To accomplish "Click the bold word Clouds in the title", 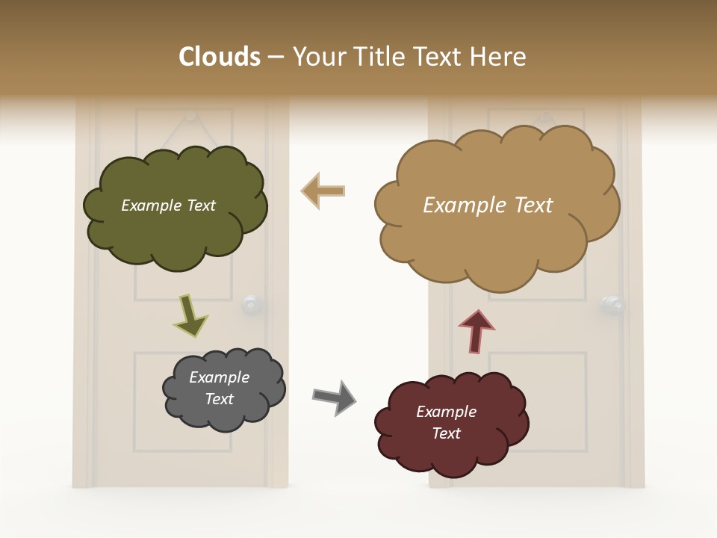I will pyautogui.click(x=220, y=57).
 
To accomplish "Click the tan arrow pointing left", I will pyautogui.click(x=323, y=191).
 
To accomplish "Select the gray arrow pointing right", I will pyautogui.click(x=334, y=398).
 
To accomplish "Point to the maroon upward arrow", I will pyautogui.click(x=476, y=330).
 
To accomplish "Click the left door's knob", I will pyautogui.click(x=251, y=304).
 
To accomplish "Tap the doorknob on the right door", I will pyautogui.click(x=612, y=304).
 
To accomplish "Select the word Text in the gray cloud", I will pyautogui.click(x=220, y=399).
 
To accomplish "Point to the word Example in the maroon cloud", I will pyautogui.click(x=446, y=412).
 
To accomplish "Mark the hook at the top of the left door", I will pyautogui.click(x=190, y=116).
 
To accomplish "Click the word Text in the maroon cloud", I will pyautogui.click(x=446, y=433).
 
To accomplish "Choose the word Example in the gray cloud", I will pyautogui.click(x=220, y=377).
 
